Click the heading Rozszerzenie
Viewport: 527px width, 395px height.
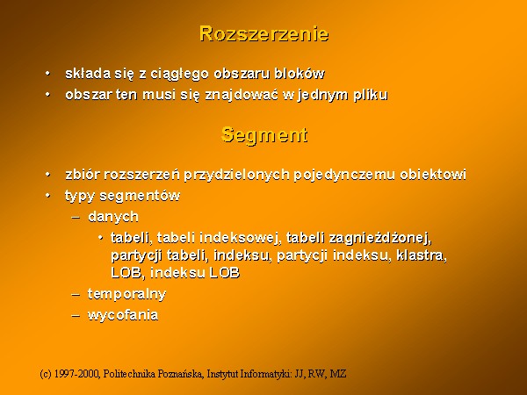pos(263,33)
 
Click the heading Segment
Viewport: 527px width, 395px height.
pos(264,135)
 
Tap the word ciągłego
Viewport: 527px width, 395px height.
pos(179,75)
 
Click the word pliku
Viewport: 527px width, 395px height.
pos(371,95)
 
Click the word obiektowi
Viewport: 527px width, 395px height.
pos(433,175)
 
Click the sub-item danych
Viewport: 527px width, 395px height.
pos(113,217)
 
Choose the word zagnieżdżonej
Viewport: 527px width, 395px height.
pos(380,238)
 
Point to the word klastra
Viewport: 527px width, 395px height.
pos(422,256)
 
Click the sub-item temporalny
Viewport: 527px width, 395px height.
pos(126,295)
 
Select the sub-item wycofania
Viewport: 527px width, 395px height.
pos(123,315)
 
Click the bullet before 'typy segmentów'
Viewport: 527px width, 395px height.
pos(48,195)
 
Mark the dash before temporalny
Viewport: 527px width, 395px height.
pos(76,295)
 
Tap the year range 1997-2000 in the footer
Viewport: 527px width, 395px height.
pos(76,374)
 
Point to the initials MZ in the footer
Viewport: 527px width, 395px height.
pos(338,374)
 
